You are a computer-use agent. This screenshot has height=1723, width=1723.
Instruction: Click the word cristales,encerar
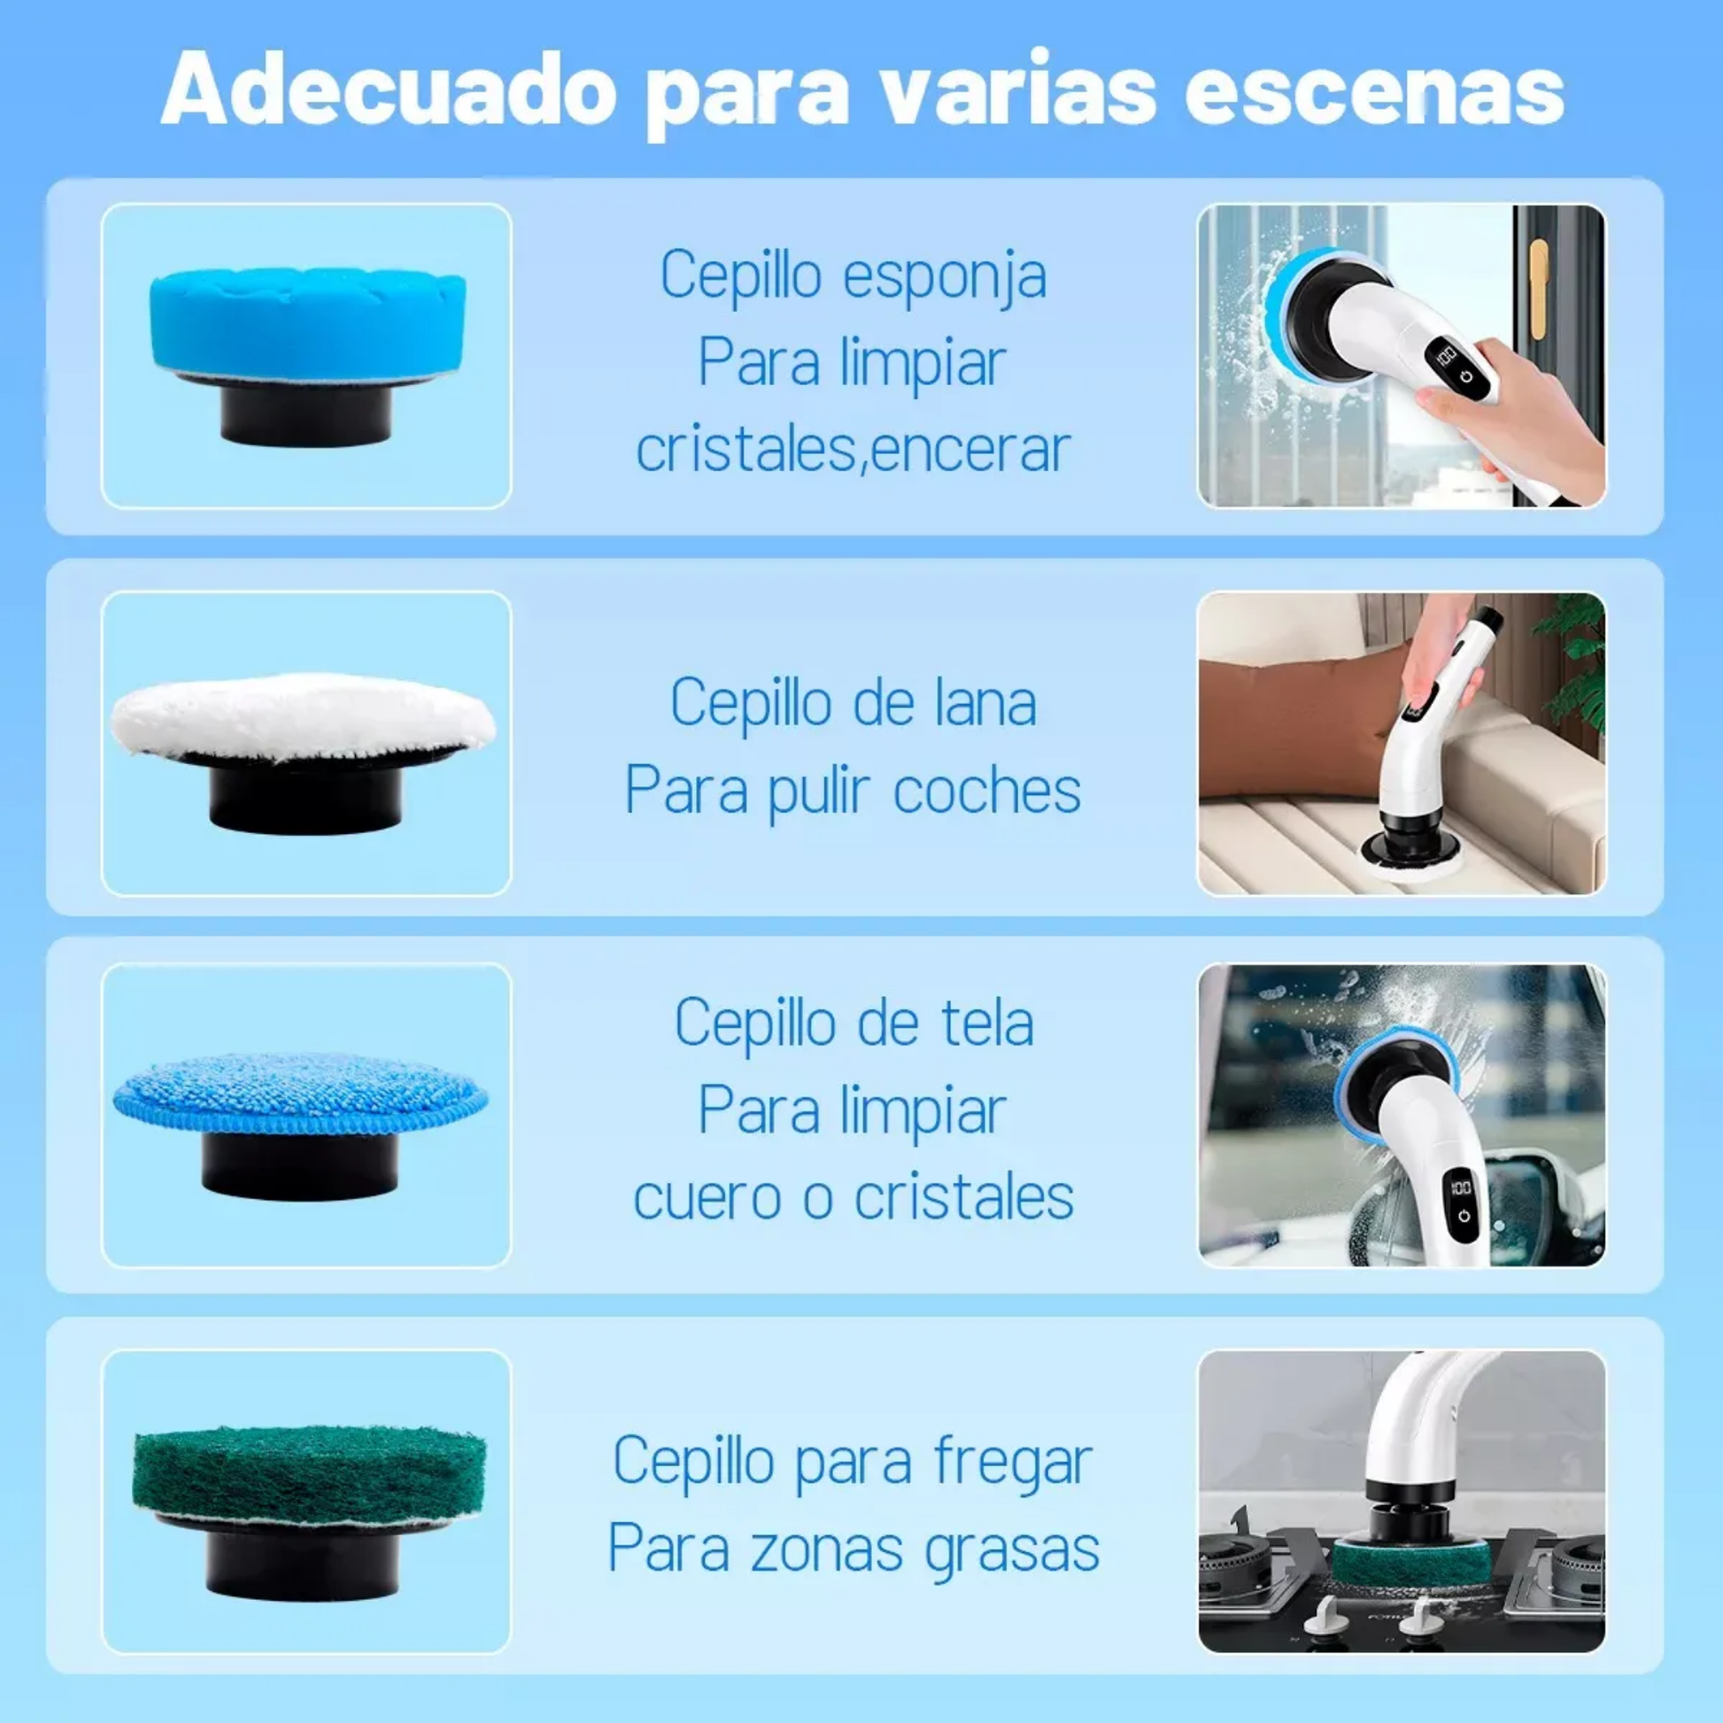854,450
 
